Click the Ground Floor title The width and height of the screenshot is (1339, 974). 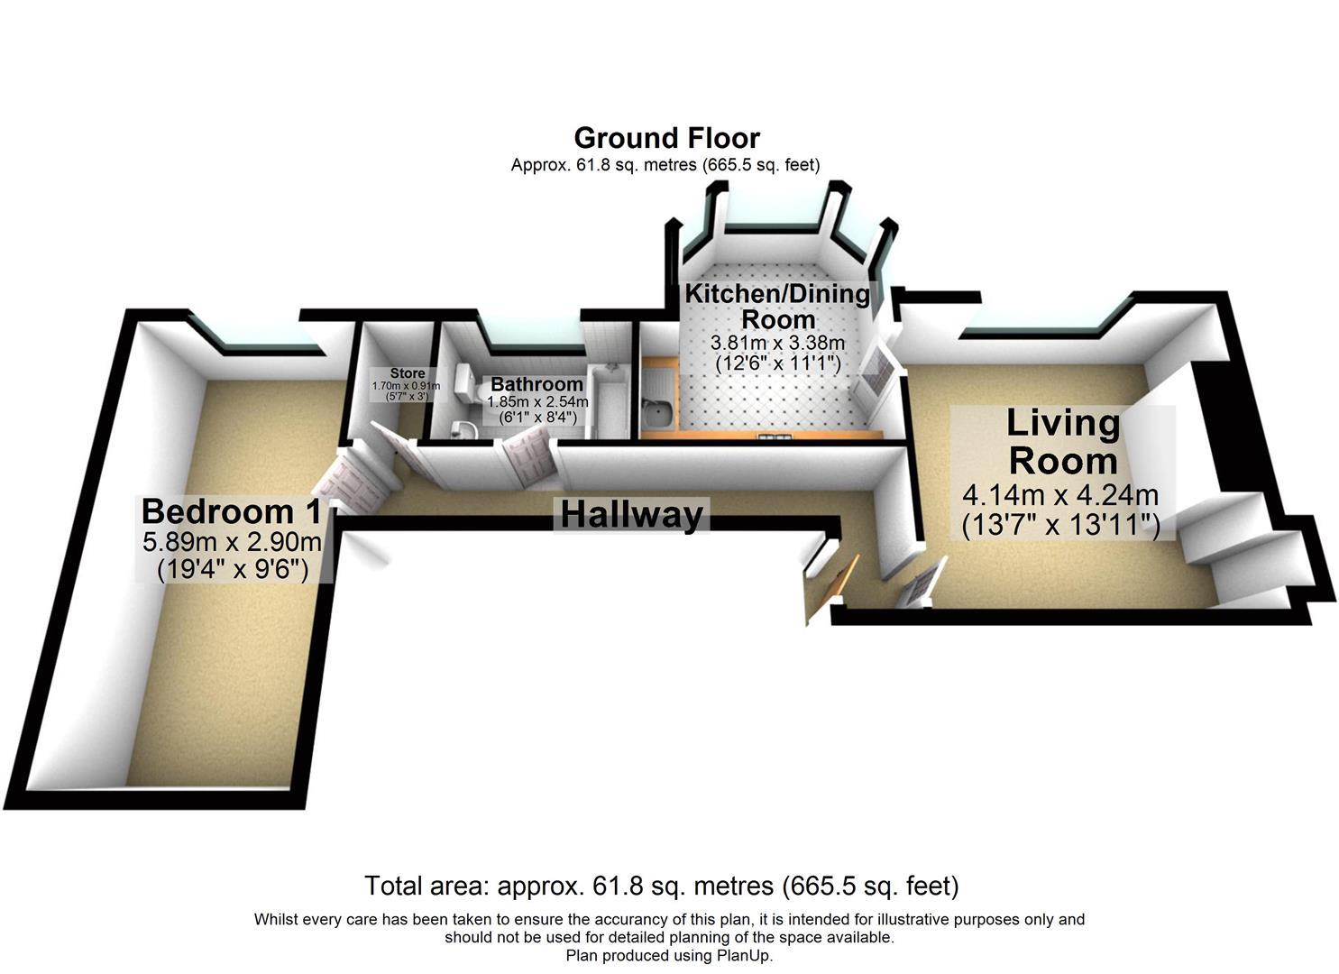(x=666, y=138)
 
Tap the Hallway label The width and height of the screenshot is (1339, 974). (x=631, y=515)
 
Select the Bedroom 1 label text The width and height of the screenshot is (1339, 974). (x=232, y=511)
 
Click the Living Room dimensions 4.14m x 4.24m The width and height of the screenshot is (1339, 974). (x=1060, y=496)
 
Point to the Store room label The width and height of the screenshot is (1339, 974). (x=407, y=373)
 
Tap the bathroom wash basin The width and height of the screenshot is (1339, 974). (x=465, y=427)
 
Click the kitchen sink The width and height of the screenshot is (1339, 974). (x=656, y=413)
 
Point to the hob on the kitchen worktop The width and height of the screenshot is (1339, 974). (x=775, y=437)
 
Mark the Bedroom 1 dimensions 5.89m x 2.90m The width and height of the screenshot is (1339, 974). (x=232, y=543)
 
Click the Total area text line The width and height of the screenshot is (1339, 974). (x=661, y=886)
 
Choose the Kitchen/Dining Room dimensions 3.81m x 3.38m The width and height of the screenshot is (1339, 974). (x=777, y=343)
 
